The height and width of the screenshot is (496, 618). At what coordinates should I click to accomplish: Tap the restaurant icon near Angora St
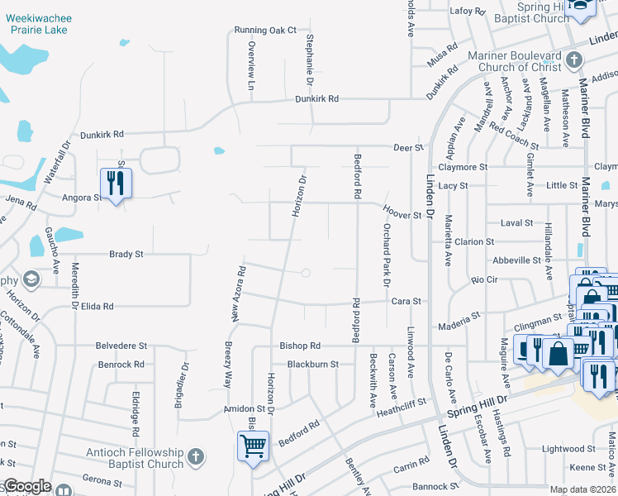click(115, 184)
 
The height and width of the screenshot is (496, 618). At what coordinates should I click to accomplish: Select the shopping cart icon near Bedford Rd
click(253, 447)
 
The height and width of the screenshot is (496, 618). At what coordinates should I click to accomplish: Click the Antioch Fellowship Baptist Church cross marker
click(195, 456)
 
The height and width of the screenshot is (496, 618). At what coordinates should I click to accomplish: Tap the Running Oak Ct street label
click(265, 31)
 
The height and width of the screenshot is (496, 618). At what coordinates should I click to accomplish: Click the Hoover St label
click(402, 213)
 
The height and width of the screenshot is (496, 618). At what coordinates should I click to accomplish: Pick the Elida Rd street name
click(97, 306)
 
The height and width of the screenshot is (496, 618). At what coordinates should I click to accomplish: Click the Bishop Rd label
click(300, 345)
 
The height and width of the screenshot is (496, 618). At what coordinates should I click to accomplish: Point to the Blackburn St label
click(313, 364)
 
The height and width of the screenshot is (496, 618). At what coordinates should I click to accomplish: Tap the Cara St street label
click(406, 302)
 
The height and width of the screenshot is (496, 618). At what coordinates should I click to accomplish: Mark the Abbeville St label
click(516, 260)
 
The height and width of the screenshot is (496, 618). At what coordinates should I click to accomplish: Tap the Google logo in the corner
click(28, 486)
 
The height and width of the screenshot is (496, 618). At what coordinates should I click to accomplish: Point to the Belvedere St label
click(121, 346)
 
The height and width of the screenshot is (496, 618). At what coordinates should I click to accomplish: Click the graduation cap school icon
click(31, 280)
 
